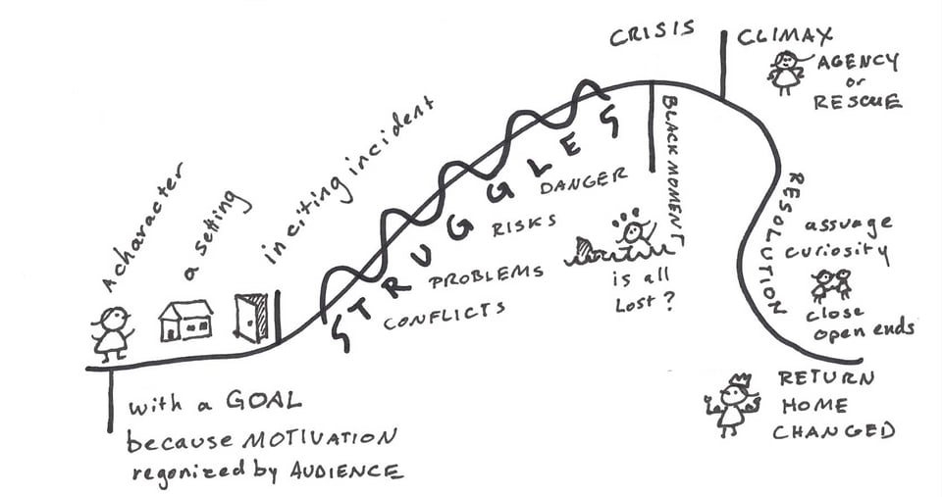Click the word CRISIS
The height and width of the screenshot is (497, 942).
[x=652, y=33]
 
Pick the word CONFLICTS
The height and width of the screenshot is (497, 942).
[x=445, y=315]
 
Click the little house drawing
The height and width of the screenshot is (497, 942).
[x=186, y=320]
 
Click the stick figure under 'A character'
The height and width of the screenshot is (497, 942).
[x=111, y=330]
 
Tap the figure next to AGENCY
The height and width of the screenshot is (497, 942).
[x=786, y=72]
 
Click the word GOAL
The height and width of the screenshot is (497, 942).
[x=254, y=402]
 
